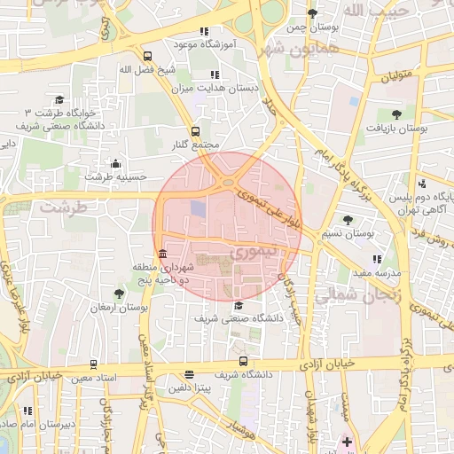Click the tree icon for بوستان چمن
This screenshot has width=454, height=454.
(x=314, y=13)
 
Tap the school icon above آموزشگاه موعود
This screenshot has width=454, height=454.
(x=205, y=30)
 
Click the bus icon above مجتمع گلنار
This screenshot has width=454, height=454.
(x=195, y=132)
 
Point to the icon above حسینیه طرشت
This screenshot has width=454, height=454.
(x=115, y=163)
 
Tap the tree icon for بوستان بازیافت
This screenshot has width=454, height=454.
(x=395, y=114)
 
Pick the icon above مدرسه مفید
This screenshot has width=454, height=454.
(x=378, y=259)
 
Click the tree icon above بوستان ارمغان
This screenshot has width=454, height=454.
(x=120, y=294)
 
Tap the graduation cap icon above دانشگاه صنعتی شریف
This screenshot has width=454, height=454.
(x=238, y=304)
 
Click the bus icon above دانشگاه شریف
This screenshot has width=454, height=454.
(x=244, y=362)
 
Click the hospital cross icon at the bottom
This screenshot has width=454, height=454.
(x=346, y=441)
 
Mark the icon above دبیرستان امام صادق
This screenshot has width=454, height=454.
(x=27, y=411)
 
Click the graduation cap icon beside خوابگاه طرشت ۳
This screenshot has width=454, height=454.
(x=59, y=100)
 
